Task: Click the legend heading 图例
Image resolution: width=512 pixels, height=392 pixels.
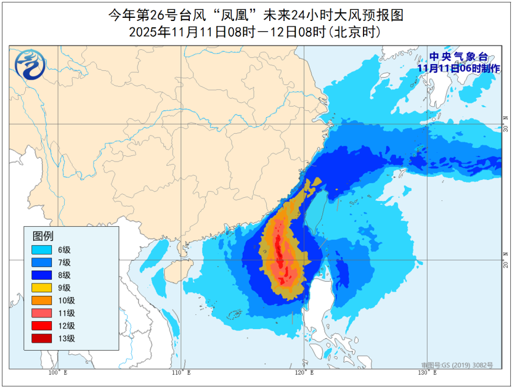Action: [43, 235]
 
